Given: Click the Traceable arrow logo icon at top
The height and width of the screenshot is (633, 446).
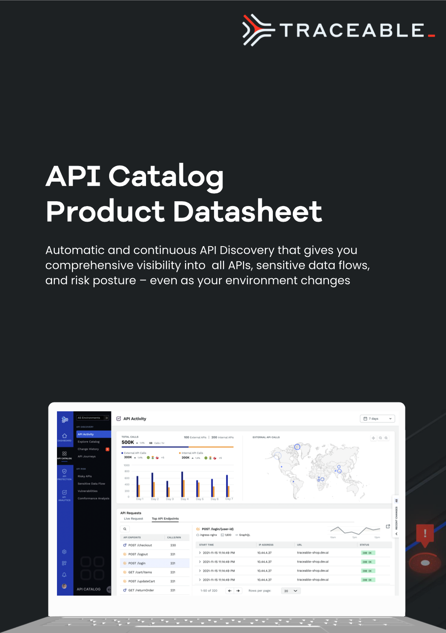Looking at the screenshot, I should [x=257, y=30].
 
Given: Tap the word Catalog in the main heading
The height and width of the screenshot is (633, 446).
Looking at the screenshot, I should [x=166, y=176].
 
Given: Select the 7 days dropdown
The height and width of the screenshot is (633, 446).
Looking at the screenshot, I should [x=377, y=418].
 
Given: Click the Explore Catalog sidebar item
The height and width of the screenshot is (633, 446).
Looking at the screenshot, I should [x=89, y=442].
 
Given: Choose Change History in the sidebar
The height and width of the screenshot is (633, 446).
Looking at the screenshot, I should [x=88, y=449].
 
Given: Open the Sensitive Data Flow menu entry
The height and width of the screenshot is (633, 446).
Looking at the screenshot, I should [x=91, y=483].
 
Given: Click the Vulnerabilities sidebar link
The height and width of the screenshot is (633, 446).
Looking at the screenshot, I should [x=88, y=491].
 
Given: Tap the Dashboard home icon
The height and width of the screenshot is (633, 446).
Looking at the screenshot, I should [x=65, y=436].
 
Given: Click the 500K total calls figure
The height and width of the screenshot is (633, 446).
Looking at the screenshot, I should [x=128, y=442].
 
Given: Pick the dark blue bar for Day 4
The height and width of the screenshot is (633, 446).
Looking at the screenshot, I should [x=182, y=484].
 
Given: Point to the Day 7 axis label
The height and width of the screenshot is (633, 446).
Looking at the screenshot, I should [x=228, y=499].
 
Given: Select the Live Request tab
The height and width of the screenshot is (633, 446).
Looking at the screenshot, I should [x=134, y=519].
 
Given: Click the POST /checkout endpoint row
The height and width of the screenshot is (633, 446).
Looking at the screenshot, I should [x=140, y=545].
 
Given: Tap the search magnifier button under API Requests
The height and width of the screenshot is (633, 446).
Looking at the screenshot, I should [x=125, y=529].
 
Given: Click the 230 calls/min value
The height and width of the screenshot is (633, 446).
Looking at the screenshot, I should [x=173, y=545].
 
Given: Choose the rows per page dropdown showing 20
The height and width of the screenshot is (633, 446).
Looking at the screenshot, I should [x=291, y=591].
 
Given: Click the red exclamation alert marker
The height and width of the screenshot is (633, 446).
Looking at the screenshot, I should [x=425, y=534].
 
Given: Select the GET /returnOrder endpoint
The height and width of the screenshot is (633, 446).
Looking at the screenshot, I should [x=141, y=590].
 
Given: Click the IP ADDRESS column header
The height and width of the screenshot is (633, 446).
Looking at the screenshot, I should [x=266, y=545].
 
